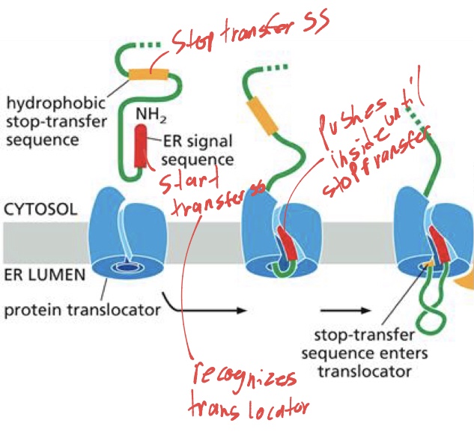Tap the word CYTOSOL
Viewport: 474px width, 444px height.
(x=38, y=208)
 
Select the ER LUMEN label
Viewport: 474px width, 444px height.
(x=38, y=276)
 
